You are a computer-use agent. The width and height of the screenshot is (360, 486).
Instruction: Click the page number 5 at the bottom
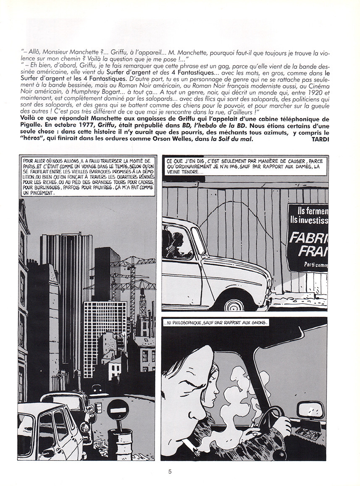coord(170,471)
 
